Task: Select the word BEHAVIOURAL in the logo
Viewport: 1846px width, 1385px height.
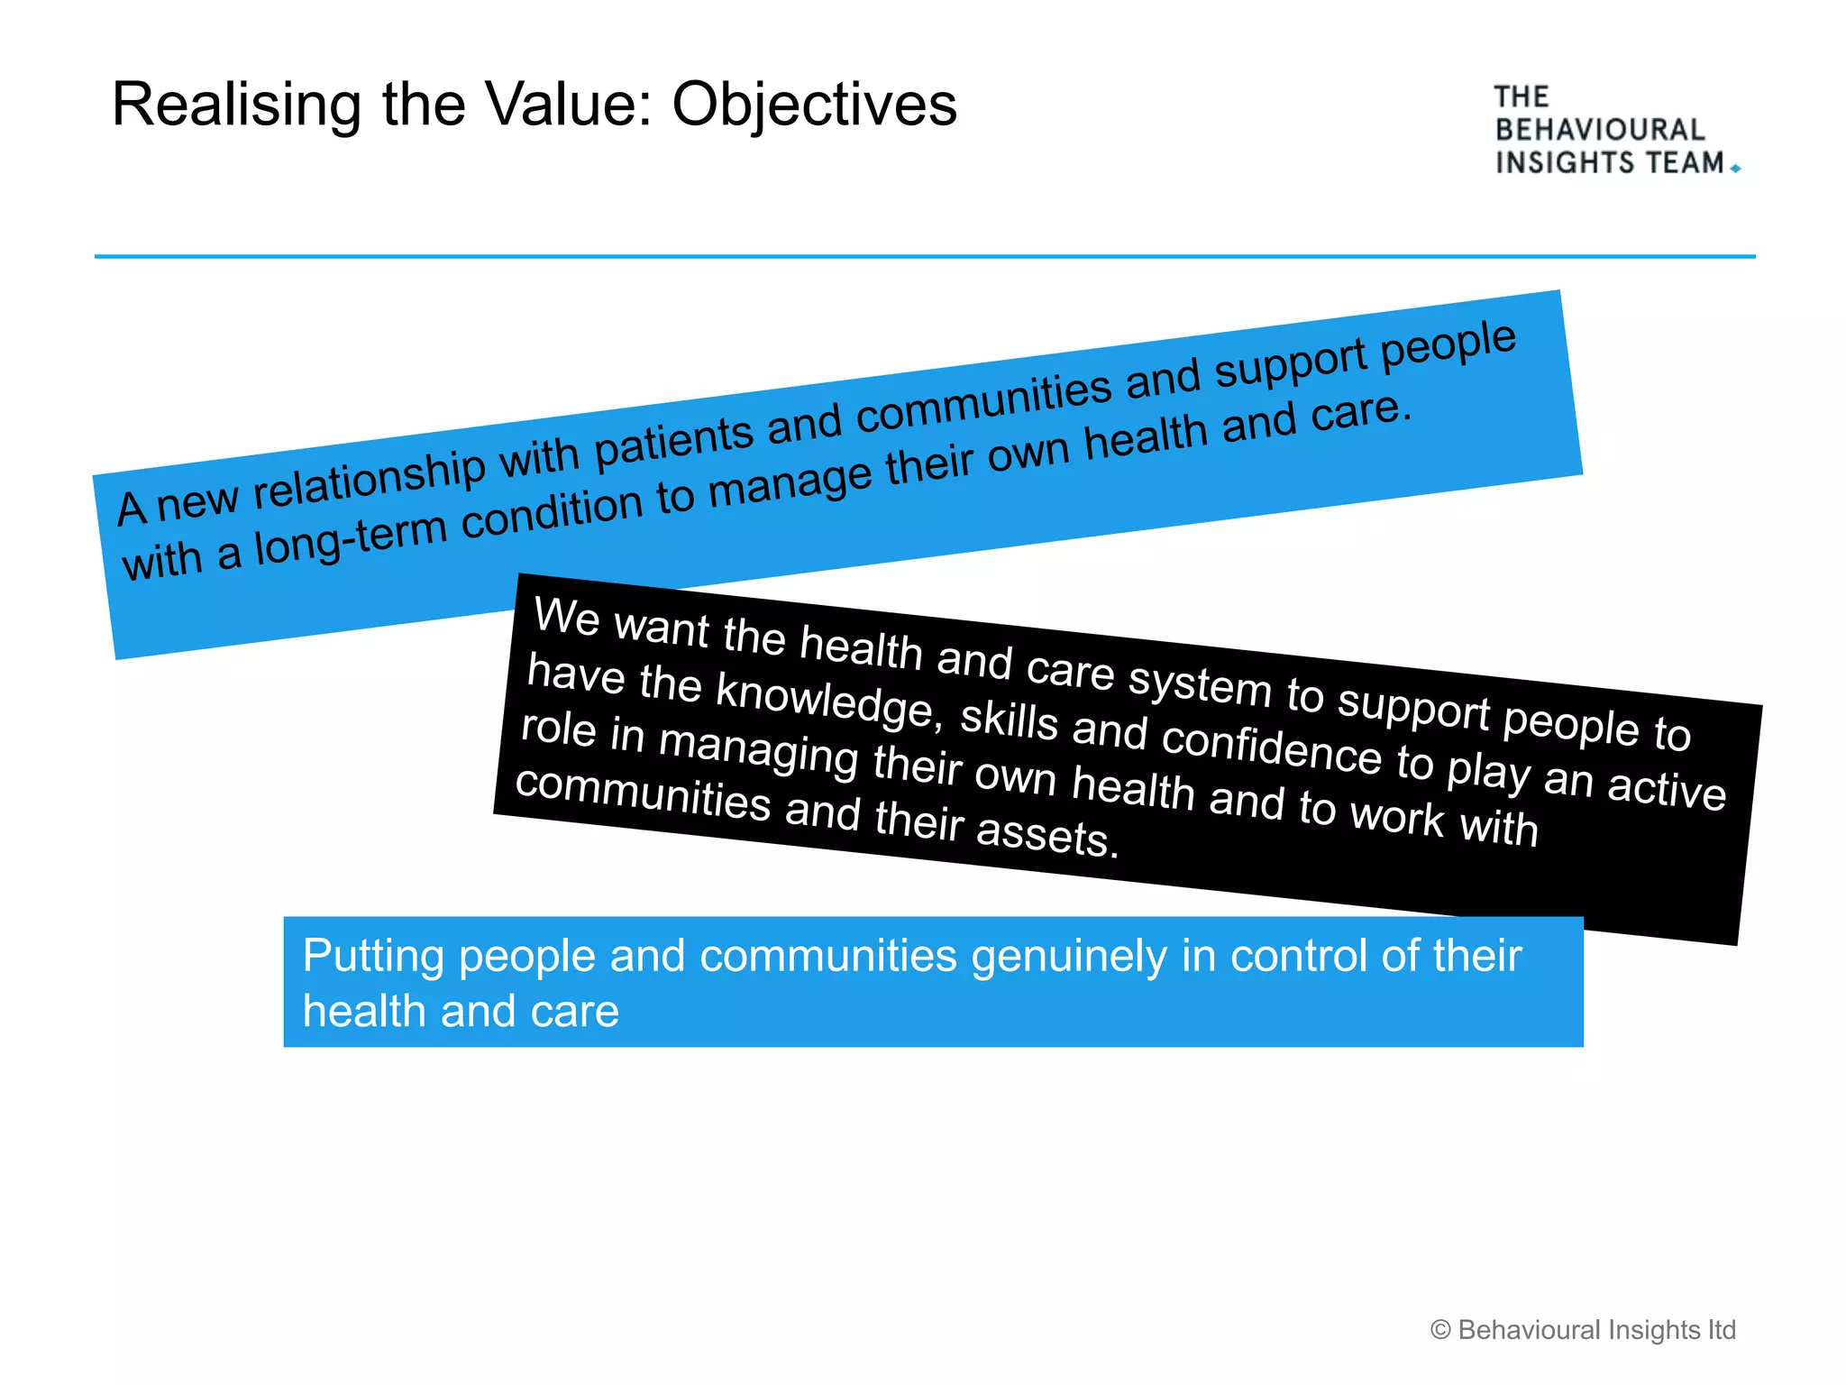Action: pos(1600,130)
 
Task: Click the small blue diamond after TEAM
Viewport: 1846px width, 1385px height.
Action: pos(1735,168)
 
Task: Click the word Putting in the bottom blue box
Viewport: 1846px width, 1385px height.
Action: pos(373,957)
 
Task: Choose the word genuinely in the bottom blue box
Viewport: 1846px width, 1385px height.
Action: pos(1068,957)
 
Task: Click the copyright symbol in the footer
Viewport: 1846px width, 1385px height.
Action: pos(1440,1330)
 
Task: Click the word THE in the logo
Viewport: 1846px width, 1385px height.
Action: pos(1522,96)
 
